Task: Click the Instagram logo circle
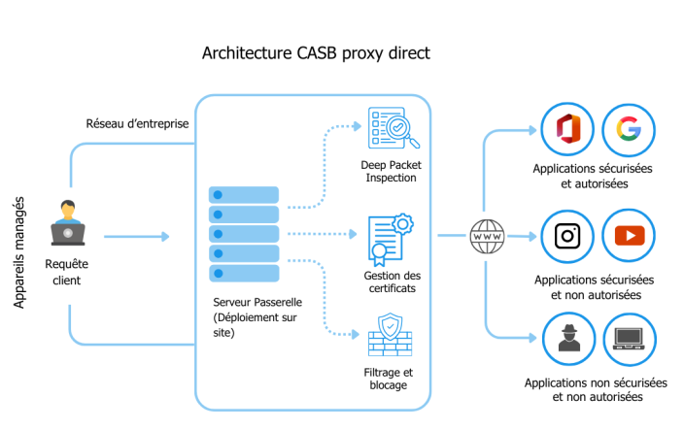click(567, 236)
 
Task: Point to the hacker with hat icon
click(567, 339)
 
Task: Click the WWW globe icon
click(486, 235)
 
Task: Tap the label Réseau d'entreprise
click(137, 123)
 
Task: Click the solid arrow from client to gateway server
click(136, 236)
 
